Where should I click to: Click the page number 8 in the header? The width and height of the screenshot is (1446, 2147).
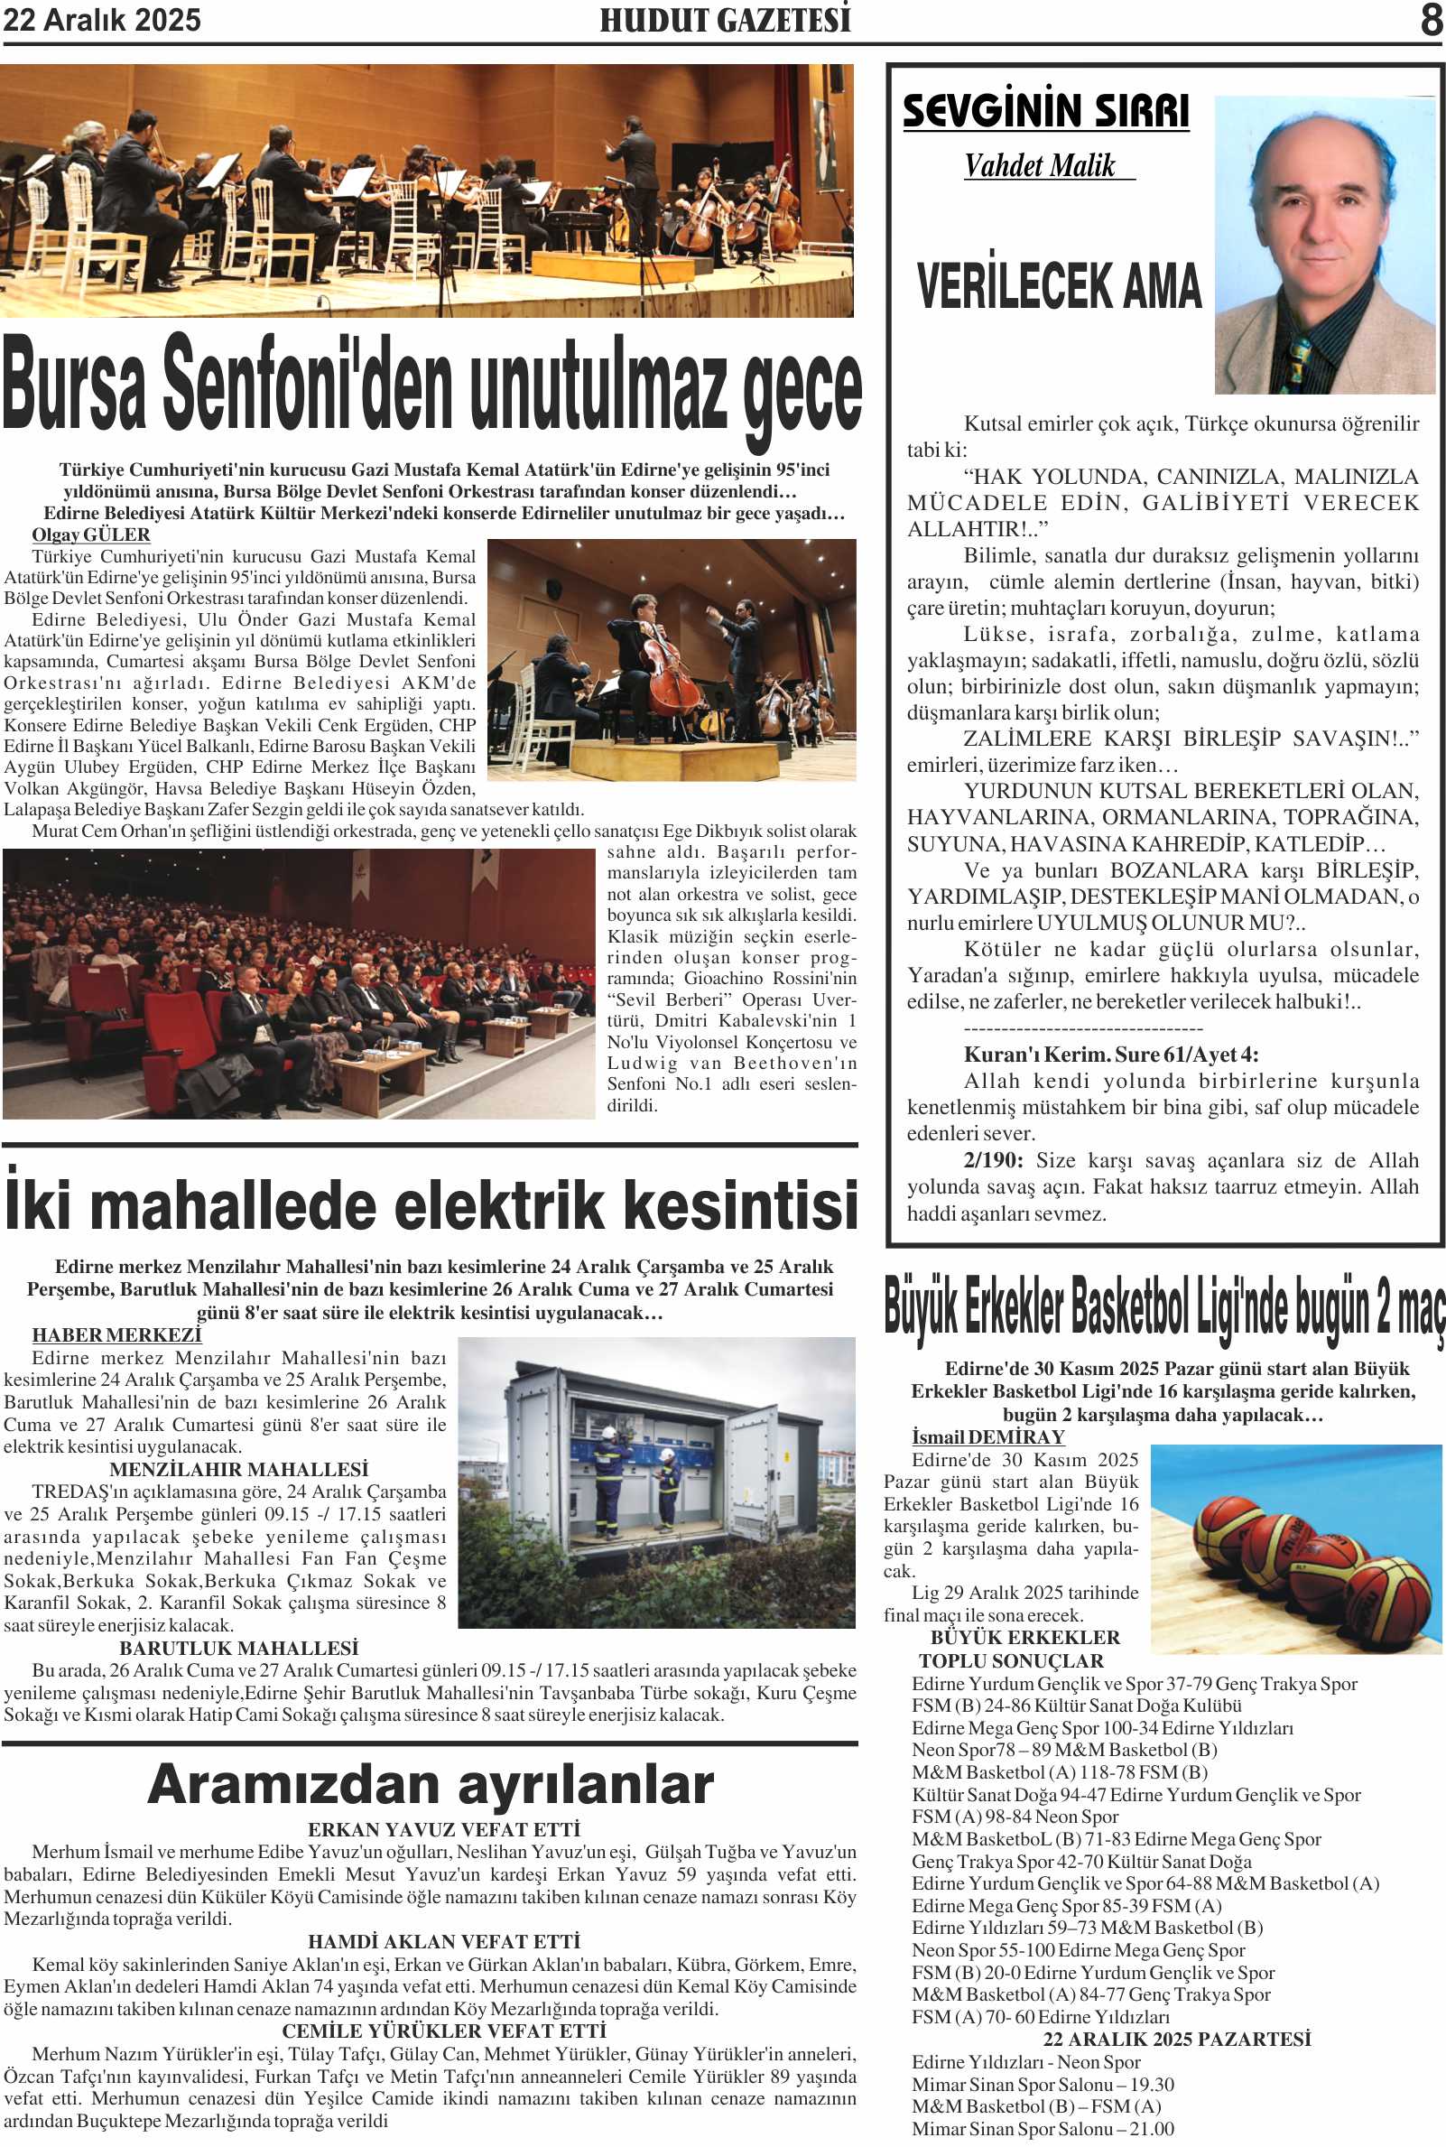(1431, 19)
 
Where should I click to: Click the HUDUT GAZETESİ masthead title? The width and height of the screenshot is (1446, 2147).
(725, 19)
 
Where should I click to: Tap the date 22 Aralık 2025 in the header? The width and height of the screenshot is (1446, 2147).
(101, 20)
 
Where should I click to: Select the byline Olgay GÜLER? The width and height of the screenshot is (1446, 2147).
(90, 534)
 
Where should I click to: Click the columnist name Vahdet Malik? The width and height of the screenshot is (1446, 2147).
(1039, 166)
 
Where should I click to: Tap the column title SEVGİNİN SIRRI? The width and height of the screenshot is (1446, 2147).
(1045, 111)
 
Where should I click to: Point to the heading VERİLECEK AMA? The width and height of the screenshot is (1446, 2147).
(1059, 286)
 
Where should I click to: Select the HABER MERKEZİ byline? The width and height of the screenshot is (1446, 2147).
(116, 1334)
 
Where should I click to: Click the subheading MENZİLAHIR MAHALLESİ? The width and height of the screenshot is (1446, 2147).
(238, 1469)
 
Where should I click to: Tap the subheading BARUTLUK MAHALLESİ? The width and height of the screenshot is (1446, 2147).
(238, 1648)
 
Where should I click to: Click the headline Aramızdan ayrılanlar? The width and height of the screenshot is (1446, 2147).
(430, 1785)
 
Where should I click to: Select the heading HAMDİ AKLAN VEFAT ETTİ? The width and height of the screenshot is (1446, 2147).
(443, 1941)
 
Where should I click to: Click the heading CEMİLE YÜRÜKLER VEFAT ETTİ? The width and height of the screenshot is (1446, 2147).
(443, 2031)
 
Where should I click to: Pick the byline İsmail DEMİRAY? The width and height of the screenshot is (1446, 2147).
(987, 1436)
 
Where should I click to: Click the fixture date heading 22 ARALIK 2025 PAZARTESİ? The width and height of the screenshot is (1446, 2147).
(1177, 2039)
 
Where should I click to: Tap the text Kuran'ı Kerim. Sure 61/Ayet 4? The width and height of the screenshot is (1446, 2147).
(1110, 1055)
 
